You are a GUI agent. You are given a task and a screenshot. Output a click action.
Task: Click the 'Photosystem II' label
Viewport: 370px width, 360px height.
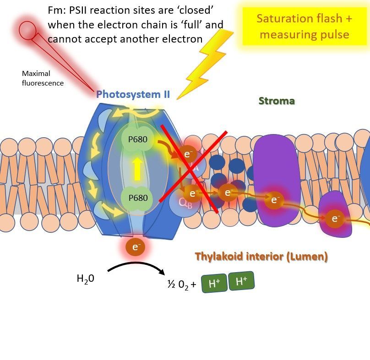[133, 95]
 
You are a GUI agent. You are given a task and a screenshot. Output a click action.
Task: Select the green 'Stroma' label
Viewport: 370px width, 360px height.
[277, 101]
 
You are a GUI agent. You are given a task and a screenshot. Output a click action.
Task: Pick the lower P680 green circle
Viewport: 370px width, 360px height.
[135, 198]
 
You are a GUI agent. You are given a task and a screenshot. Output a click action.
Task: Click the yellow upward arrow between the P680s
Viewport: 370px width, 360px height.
[136, 169]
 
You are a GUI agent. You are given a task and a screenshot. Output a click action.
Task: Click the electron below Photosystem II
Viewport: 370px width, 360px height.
[136, 247]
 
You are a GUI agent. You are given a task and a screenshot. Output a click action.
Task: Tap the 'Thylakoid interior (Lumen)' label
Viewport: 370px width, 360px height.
[261, 257]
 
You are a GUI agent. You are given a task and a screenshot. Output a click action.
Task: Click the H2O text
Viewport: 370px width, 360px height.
[86, 278]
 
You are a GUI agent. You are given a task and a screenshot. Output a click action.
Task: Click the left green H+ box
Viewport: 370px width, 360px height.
[214, 284]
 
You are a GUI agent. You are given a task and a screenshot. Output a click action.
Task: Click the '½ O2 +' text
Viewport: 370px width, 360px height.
[181, 285]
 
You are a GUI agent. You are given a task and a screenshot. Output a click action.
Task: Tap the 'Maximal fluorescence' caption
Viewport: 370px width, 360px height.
[42, 78]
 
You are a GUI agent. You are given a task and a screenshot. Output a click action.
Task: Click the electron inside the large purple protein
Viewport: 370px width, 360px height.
[275, 199]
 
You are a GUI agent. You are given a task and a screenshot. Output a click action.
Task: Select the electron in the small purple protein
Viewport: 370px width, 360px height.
[335, 219]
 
